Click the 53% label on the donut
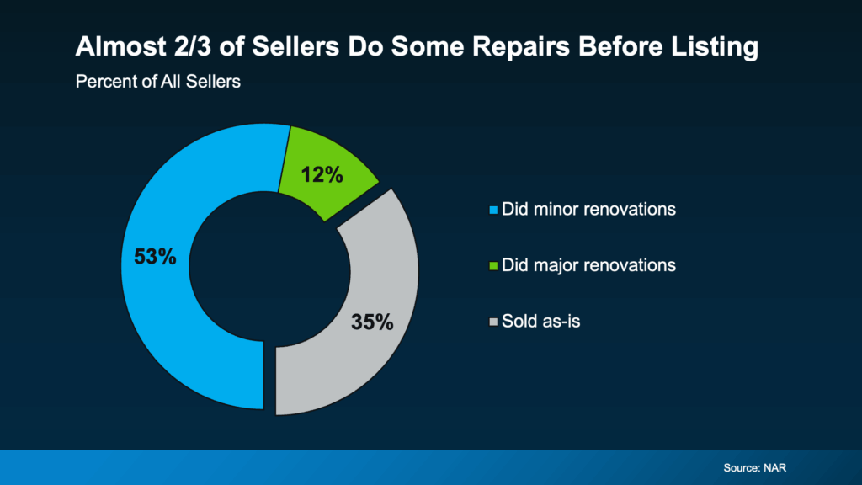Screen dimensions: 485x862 coord(155,257)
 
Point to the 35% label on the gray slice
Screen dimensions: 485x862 coord(372,322)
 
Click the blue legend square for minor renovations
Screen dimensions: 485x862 coord(494,210)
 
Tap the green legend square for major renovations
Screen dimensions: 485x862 coord(494,265)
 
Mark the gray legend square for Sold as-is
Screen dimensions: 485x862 coord(494,321)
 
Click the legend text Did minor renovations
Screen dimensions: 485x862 coord(588,209)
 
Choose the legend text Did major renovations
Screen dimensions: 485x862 coord(588,264)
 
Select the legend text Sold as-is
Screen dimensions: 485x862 coord(541,320)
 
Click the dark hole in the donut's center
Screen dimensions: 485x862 coord(269,267)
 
